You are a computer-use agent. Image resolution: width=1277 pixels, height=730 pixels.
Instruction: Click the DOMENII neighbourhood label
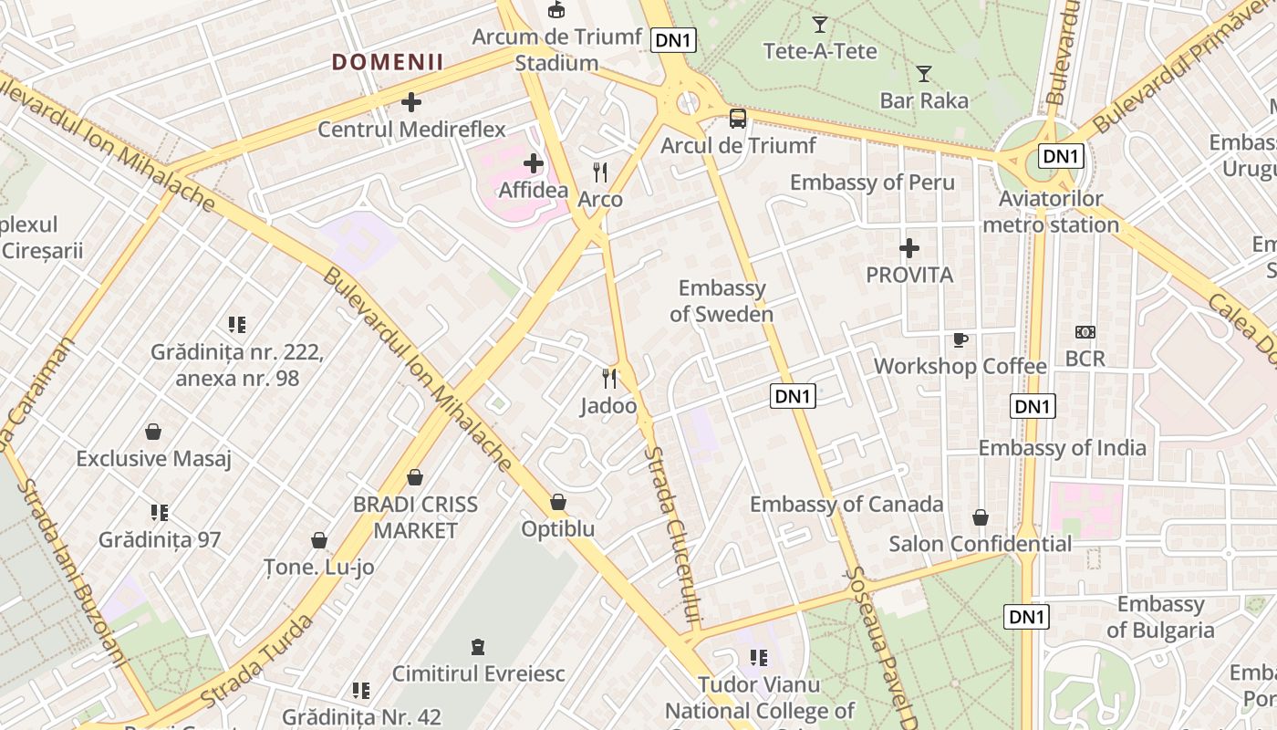point(388,62)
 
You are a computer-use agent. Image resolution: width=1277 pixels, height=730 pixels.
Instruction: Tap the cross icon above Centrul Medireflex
point(411,102)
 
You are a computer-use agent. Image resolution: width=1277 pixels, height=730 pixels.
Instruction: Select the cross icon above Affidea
point(534,163)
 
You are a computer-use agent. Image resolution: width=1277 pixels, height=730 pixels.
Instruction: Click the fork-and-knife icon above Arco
point(600,172)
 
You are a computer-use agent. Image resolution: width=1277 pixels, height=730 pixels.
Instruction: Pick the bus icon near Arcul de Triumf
point(737,118)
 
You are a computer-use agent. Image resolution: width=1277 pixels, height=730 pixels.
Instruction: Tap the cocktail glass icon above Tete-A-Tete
point(820,24)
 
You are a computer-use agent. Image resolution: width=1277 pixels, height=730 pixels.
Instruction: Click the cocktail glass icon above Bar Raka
point(924,73)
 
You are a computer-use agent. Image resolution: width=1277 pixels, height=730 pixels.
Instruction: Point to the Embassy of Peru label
point(872,182)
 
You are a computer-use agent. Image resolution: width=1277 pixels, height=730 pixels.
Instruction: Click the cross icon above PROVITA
point(908,247)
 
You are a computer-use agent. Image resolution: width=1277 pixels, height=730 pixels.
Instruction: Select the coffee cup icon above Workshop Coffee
point(960,339)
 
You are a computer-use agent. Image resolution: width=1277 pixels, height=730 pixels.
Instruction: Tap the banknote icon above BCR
point(1085,332)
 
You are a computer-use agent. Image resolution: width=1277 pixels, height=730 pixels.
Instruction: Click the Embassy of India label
point(1062,448)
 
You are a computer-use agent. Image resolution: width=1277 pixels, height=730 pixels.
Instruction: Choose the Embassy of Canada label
point(846,504)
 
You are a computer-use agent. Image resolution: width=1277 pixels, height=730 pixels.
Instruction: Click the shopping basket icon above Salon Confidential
point(981,517)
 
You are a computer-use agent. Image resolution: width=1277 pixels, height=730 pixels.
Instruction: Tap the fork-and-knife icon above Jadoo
point(609,378)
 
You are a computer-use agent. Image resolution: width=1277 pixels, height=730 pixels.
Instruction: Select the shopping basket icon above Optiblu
point(558,502)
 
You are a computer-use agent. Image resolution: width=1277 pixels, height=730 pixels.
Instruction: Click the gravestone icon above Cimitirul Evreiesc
point(477,647)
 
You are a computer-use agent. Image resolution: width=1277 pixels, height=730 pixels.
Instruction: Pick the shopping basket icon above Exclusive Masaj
point(153,431)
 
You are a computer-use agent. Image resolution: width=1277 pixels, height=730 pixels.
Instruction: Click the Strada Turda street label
point(257,662)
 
